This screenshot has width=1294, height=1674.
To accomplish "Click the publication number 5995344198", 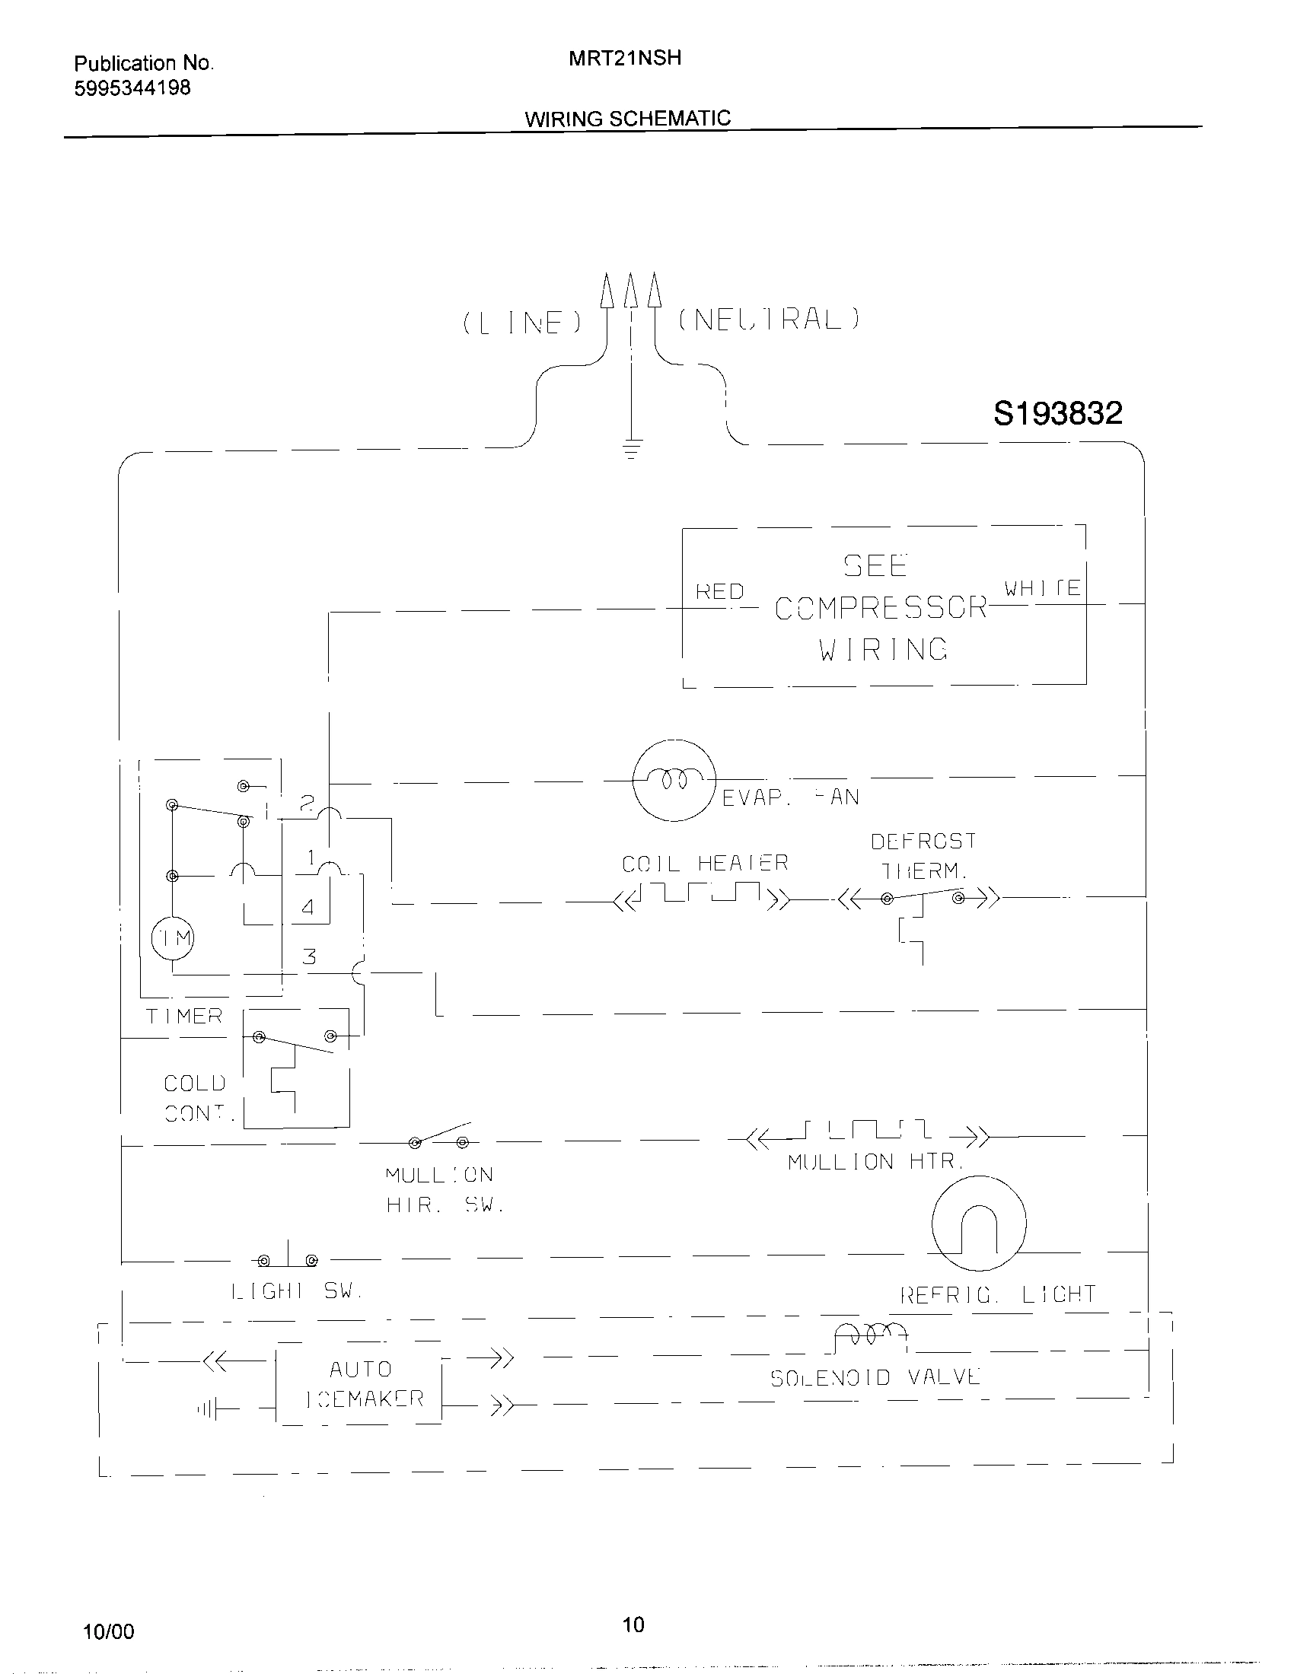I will pyautogui.click(x=132, y=88).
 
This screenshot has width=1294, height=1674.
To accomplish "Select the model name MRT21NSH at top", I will pyautogui.click(x=624, y=59).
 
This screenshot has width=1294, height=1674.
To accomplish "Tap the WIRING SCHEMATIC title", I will pyautogui.click(x=627, y=119).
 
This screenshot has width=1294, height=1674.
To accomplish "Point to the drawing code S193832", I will pyautogui.click(x=1057, y=414).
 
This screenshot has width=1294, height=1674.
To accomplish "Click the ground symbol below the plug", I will pyautogui.click(x=631, y=450).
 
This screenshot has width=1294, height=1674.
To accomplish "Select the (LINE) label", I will pyautogui.click(x=522, y=323).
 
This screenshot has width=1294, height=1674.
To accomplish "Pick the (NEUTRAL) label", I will pyautogui.click(x=769, y=319).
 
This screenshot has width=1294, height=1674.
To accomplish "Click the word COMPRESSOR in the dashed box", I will pyautogui.click(x=880, y=608).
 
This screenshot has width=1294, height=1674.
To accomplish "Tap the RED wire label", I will pyautogui.click(x=719, y=592).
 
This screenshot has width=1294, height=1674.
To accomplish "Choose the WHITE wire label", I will pyautogui.click(x=1042, y=588).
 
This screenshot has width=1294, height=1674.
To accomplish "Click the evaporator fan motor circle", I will pyautogui.click(x=674, y=780).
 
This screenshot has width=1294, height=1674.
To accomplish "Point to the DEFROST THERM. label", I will pyautogui.click(x=923, y=855).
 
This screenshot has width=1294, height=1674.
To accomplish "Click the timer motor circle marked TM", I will pyautogui.click(x=173, y=938).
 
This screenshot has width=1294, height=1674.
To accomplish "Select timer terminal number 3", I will pyautogui.click(x=309, y=956).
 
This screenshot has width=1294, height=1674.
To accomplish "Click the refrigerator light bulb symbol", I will pyautogui.click(x=978, y=1224).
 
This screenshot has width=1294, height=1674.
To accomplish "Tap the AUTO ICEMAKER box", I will pyautogui.click(x=359, y=1383).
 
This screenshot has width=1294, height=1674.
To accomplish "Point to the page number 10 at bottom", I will pyautogui.click(x=633, y=1624).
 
